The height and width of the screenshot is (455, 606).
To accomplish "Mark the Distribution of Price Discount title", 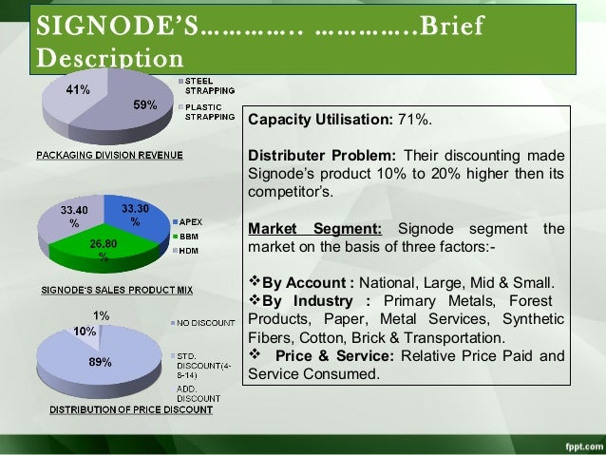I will (x=116, y=410).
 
